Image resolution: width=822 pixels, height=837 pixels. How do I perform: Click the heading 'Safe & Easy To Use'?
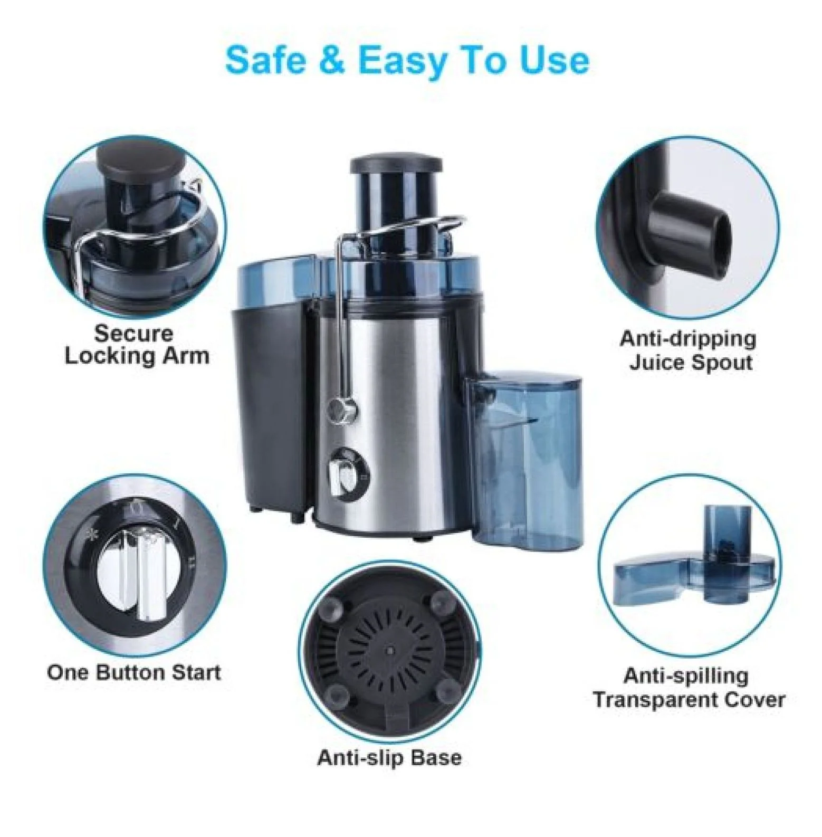[407, 61]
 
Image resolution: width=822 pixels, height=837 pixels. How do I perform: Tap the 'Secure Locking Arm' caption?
[137, 345]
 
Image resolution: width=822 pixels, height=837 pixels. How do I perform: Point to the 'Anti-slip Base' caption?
[389, 758]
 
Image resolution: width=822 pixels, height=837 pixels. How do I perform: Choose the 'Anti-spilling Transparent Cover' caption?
[689, 688]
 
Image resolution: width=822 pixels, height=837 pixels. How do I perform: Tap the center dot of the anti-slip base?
[390, 651]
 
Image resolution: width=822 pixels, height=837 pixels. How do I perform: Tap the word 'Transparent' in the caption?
[655, 700]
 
